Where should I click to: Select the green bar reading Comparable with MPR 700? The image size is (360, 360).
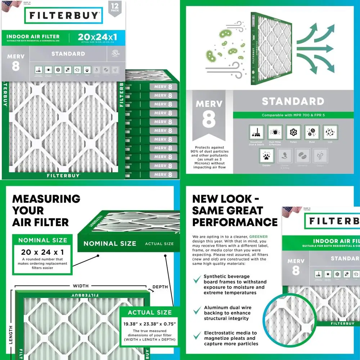[x=293, y=115]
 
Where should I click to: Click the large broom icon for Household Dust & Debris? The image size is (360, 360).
[x=256, y=132]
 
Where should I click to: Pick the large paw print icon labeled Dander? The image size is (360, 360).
[x=267, y=155]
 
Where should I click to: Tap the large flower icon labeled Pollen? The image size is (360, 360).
[x=293, y=132]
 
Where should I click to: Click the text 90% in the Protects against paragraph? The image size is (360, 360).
[x=199, y=152]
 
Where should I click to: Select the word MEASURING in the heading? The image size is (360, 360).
[x=46, y=199]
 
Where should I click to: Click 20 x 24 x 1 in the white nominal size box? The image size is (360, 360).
[x=42, y=252]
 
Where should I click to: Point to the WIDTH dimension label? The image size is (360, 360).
[x=81, y=286]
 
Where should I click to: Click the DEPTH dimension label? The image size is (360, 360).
[x=160, y=287]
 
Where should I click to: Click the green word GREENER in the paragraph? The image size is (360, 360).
[x=259, y=237]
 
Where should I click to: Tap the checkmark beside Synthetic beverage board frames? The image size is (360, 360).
[x=197, y=279]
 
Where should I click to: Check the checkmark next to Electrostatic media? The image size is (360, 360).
[x=197, y=336]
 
